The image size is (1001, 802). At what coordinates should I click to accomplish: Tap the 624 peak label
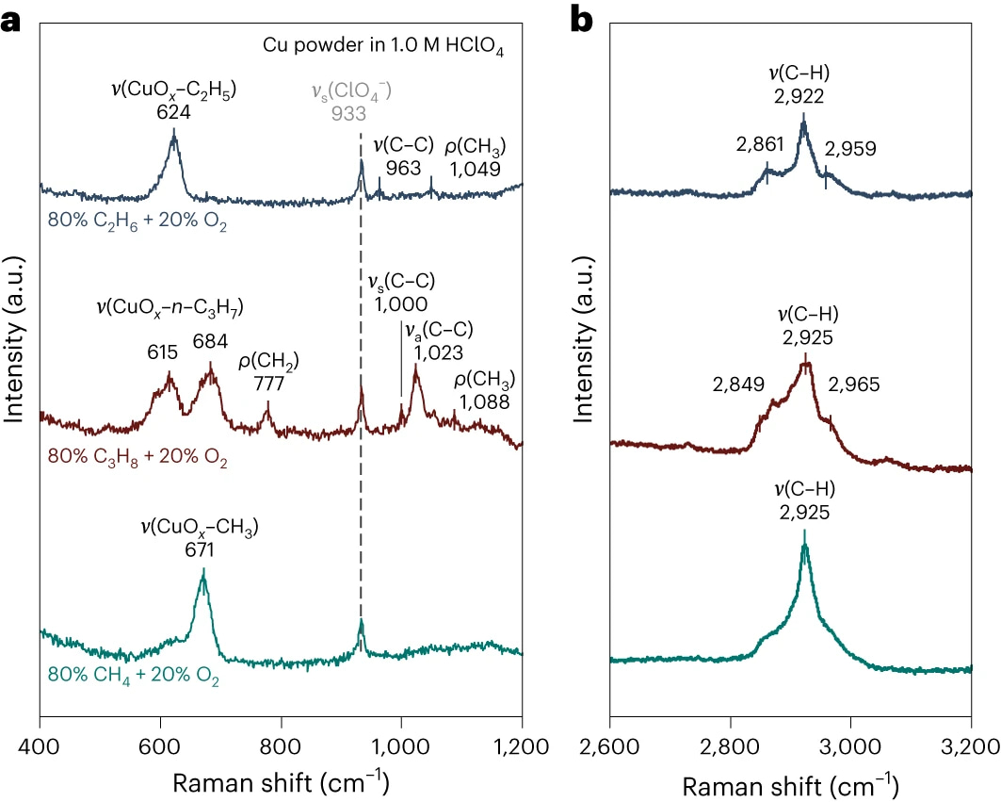coord(173,112)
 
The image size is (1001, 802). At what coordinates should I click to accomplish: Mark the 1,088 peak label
coord(484,402)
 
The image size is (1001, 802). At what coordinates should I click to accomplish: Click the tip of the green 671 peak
coord(202,569)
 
